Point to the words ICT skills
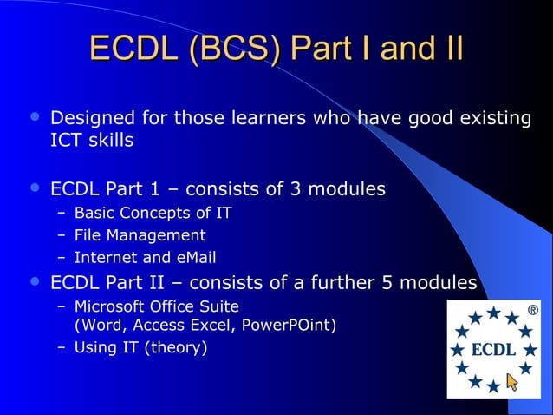(x=92, y=140)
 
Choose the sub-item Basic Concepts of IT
(x=153, y=213)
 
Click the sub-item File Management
(x=140, y=235)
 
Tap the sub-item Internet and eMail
(x=145, y=258)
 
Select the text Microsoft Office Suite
(x=156, y=306)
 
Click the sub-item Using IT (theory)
(x=140, y=348)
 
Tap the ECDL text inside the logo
(x=493, y=349)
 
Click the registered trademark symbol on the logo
(x=531, y=309)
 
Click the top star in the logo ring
(x=493, y=313)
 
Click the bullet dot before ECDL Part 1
(x=35, y=188)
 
